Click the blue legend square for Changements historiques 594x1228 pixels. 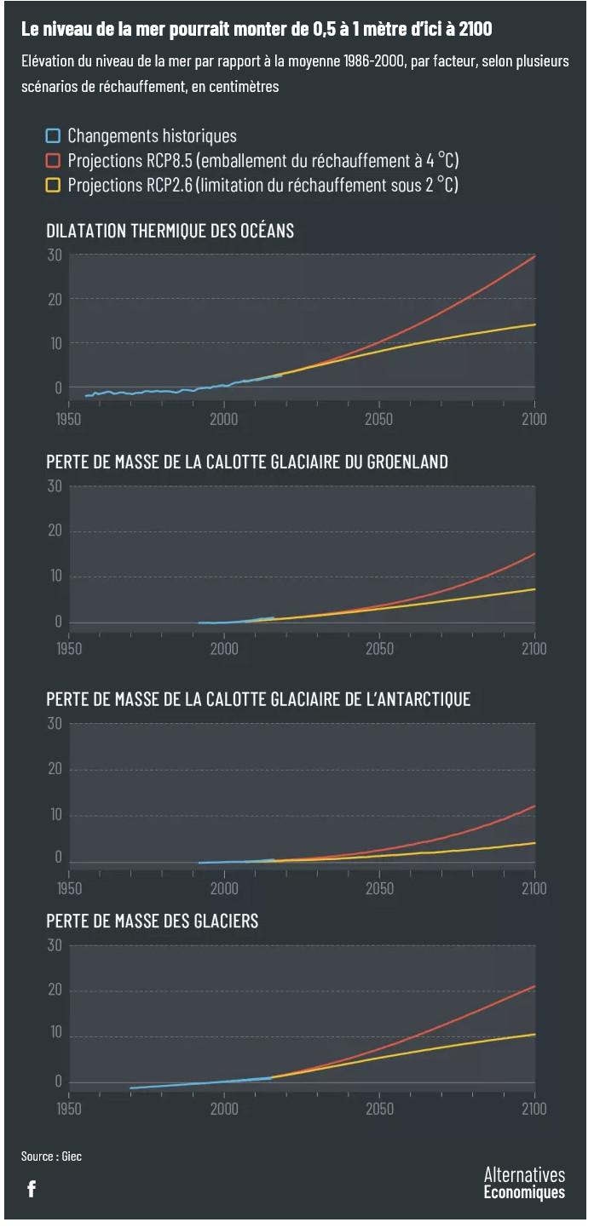pos(54,135)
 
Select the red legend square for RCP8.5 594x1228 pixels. pos(54,160)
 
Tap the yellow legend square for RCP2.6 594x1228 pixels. pos(54,185)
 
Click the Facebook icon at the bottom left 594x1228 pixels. pos(32,1189)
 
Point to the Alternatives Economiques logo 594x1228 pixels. pos(523,1183)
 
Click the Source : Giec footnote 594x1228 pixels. pos(51,1156)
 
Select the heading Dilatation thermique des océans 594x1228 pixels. pos(170,231)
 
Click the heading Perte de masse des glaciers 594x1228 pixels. pos(152,921)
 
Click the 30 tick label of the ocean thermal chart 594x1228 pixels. pos(55,255)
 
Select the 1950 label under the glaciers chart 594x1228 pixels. pos(69,1109)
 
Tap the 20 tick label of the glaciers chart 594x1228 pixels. pos(55,990)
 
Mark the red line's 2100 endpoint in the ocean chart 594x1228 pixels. pos(534,255)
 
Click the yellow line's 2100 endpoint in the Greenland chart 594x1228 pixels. pos(534,589)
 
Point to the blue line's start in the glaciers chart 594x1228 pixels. pos(130,1088)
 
